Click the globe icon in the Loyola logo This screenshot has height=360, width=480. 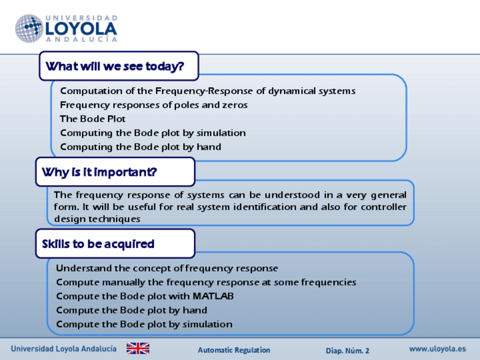click(x=29, y=28)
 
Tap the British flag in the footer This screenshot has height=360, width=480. click(x=138, y=348)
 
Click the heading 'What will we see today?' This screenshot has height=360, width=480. click(x=115, y=66)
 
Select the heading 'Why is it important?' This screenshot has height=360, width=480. click(x=100, y=172)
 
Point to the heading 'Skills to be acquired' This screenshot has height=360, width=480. click(x=98, y=244)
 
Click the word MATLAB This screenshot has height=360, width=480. click(x=213, y=296)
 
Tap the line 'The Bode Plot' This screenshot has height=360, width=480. click(x=93, y=119)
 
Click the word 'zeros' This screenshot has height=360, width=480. click(x=235, y=105)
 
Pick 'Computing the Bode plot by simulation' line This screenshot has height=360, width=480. click(x=153, y=133)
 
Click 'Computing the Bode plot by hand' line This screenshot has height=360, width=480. click(x=140, y=147)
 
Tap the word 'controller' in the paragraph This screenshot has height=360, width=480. click(x=384, y=207)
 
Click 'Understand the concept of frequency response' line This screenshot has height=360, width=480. click(x=167, y=268)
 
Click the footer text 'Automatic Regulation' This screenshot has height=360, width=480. click(x=234, y=350)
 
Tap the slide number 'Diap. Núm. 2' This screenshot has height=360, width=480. click(x=348, y=350)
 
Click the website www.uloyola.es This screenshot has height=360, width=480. click(x=438, y=349)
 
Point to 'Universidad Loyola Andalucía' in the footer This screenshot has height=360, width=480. click(x=63, y=349)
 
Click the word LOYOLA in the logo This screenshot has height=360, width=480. click(x=81, y=29)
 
